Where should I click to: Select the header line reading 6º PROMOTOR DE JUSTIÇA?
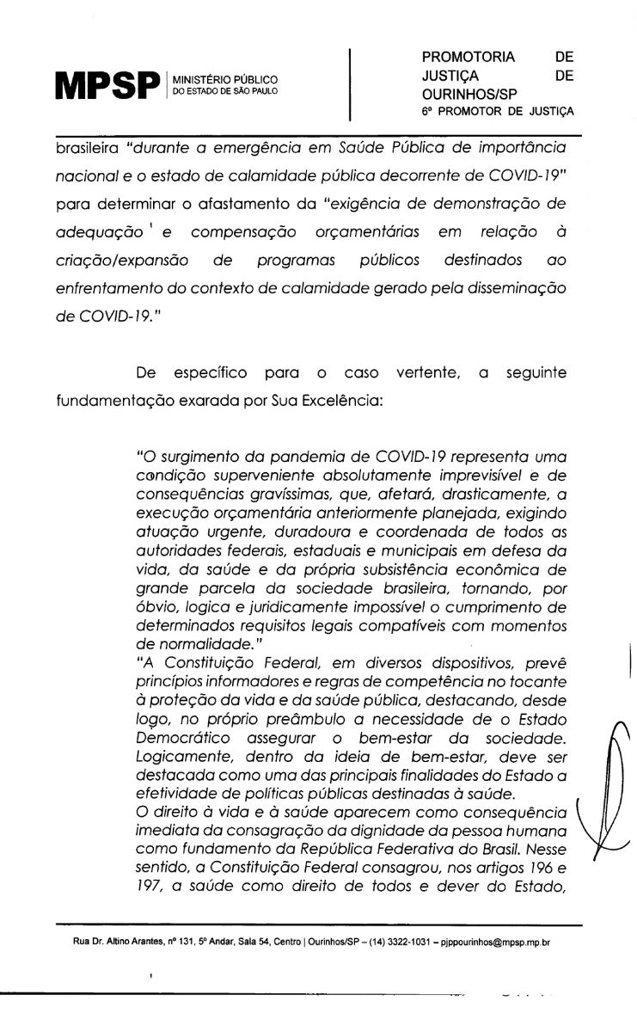(x=497, y=112)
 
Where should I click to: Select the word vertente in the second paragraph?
(x=425, y=373)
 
